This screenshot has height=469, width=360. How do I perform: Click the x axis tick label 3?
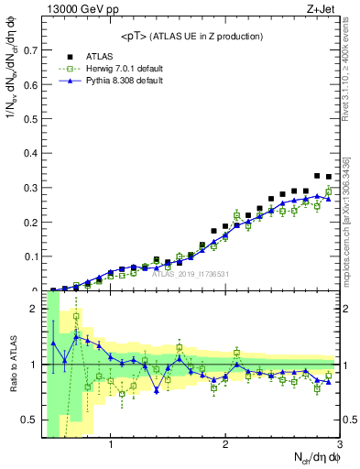click(x=339, y=446)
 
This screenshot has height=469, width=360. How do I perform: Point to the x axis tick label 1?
click(x=111, y=446)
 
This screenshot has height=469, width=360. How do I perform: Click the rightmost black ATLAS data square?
click(x=329, y=177)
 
